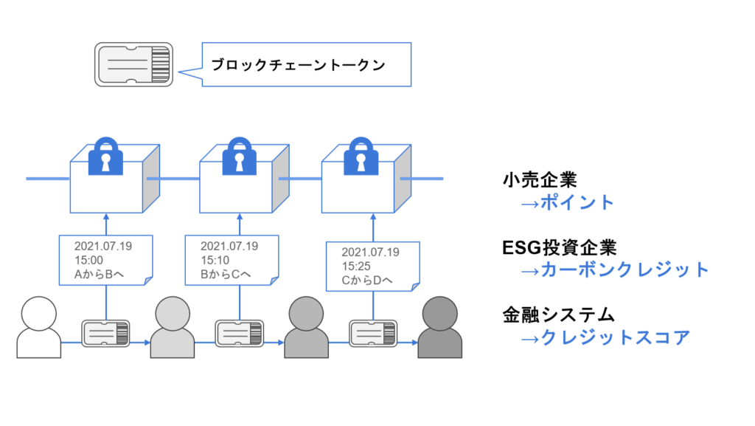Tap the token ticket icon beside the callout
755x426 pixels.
(x=133, y=64)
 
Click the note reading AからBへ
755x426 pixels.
(x=105, y=261)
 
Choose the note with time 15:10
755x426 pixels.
(x=231, y=261)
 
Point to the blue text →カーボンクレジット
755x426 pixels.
(x=615, y=269)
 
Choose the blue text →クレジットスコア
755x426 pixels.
(x=605, y=337)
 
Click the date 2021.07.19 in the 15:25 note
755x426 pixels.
(x=371, y=252)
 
